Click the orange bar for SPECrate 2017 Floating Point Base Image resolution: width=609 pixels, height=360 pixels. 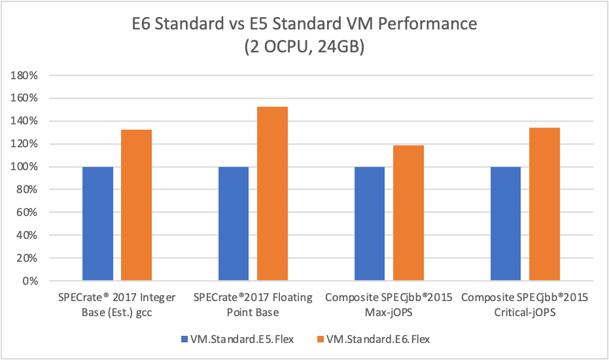[x=272, y=194]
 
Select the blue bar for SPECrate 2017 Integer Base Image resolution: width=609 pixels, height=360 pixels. [x=98, y=224]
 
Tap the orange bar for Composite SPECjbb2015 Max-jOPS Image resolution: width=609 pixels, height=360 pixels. [x=408, y=213]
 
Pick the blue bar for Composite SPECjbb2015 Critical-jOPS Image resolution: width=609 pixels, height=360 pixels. [x=506, y=224]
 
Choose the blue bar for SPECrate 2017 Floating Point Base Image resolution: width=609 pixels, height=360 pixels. [x=234, y=224]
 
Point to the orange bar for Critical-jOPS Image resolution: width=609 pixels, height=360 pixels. [x=544, y=204]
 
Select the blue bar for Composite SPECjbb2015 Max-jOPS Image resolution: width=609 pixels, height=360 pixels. [x=370, y=224]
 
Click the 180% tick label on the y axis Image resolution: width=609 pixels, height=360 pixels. [x=25, y=75]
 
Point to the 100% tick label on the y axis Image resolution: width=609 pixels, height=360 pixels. [x=25, y=167]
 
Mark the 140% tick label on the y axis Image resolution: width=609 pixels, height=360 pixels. [x=25, y=121]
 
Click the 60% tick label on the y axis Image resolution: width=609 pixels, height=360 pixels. [x=27, y=213]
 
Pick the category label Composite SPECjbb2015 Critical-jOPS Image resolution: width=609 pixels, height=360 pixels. [x=525, y=304]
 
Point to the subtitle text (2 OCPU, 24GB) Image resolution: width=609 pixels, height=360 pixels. [x=304, y=47]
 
